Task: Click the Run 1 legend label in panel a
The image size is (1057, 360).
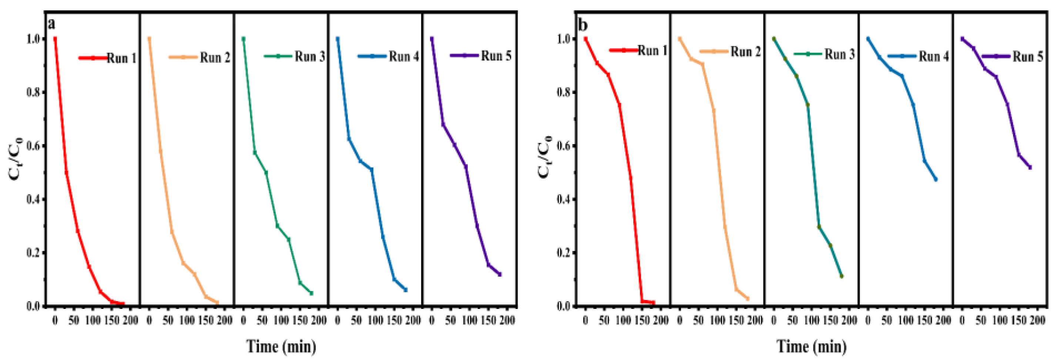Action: coord(121,58)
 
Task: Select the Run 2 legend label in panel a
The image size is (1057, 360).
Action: coord(215,57)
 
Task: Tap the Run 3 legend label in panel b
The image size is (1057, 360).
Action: coord(839,54)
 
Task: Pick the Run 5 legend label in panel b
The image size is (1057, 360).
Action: coord(1028,56)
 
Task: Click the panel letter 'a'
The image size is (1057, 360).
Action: coord(51,24)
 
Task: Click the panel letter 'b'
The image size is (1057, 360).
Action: coord(582,24)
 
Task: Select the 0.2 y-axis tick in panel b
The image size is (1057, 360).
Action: coord(564,253)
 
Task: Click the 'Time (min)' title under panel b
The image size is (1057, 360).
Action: coord(811,346)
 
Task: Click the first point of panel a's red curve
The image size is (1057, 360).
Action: coord(55,39)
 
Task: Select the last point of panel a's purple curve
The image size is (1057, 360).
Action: coord(500,274)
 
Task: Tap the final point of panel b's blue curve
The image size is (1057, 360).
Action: coord(936,179)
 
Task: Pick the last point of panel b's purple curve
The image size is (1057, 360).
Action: coord(1030,167)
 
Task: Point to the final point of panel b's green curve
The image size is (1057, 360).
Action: coord(842,276)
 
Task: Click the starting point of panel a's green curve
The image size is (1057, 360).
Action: coord(243,39)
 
